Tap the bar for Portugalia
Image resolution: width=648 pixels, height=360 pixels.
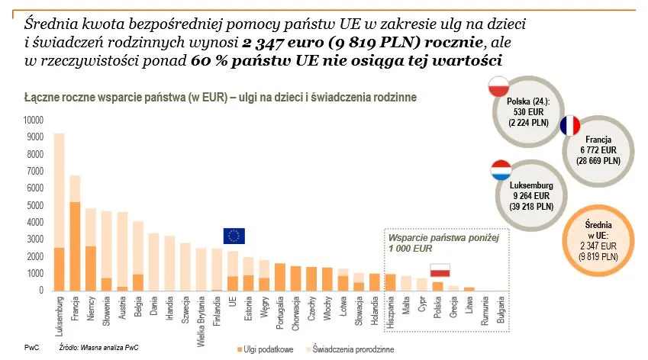coord(279,277)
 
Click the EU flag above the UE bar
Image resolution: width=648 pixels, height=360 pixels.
coord(234,236)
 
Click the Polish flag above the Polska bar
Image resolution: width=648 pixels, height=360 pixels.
coord(440,270)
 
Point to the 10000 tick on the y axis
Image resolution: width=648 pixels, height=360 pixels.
coord(34,120)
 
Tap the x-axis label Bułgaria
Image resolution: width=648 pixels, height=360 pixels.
coord(501,313)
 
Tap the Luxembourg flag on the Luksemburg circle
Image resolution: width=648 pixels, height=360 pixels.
coord(500,170)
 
